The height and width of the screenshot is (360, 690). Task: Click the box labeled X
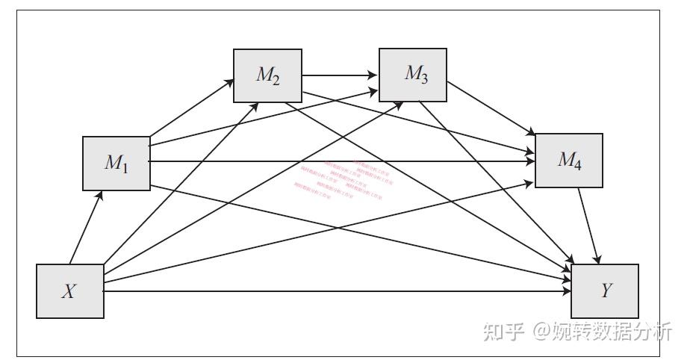pyautogui.click(x=69, y=291)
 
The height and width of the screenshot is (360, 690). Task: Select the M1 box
pyautogui.click(x=116, y=163)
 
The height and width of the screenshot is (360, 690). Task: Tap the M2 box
pyautogui.click(x=267, y=75)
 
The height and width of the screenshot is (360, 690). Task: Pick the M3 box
pyautogui.click(x=413, y=75)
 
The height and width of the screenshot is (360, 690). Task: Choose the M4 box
pyautogui.click(x=569, y=160)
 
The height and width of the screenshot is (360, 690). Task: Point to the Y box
pyautogui.click(x=605, y=291)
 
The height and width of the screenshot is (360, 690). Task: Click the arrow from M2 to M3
pyautogui.click(x=340, y=75)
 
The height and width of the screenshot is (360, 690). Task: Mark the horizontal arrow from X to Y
pyautogui.click(x=336, y=291)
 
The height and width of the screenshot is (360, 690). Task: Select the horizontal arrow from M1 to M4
pyautogui.click(x=344, y=161)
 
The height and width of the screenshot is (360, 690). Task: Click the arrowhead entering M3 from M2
pyautogui.click(x=374, y=75)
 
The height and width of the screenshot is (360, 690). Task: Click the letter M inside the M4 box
pyautogui.click(x=565, y=158)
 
